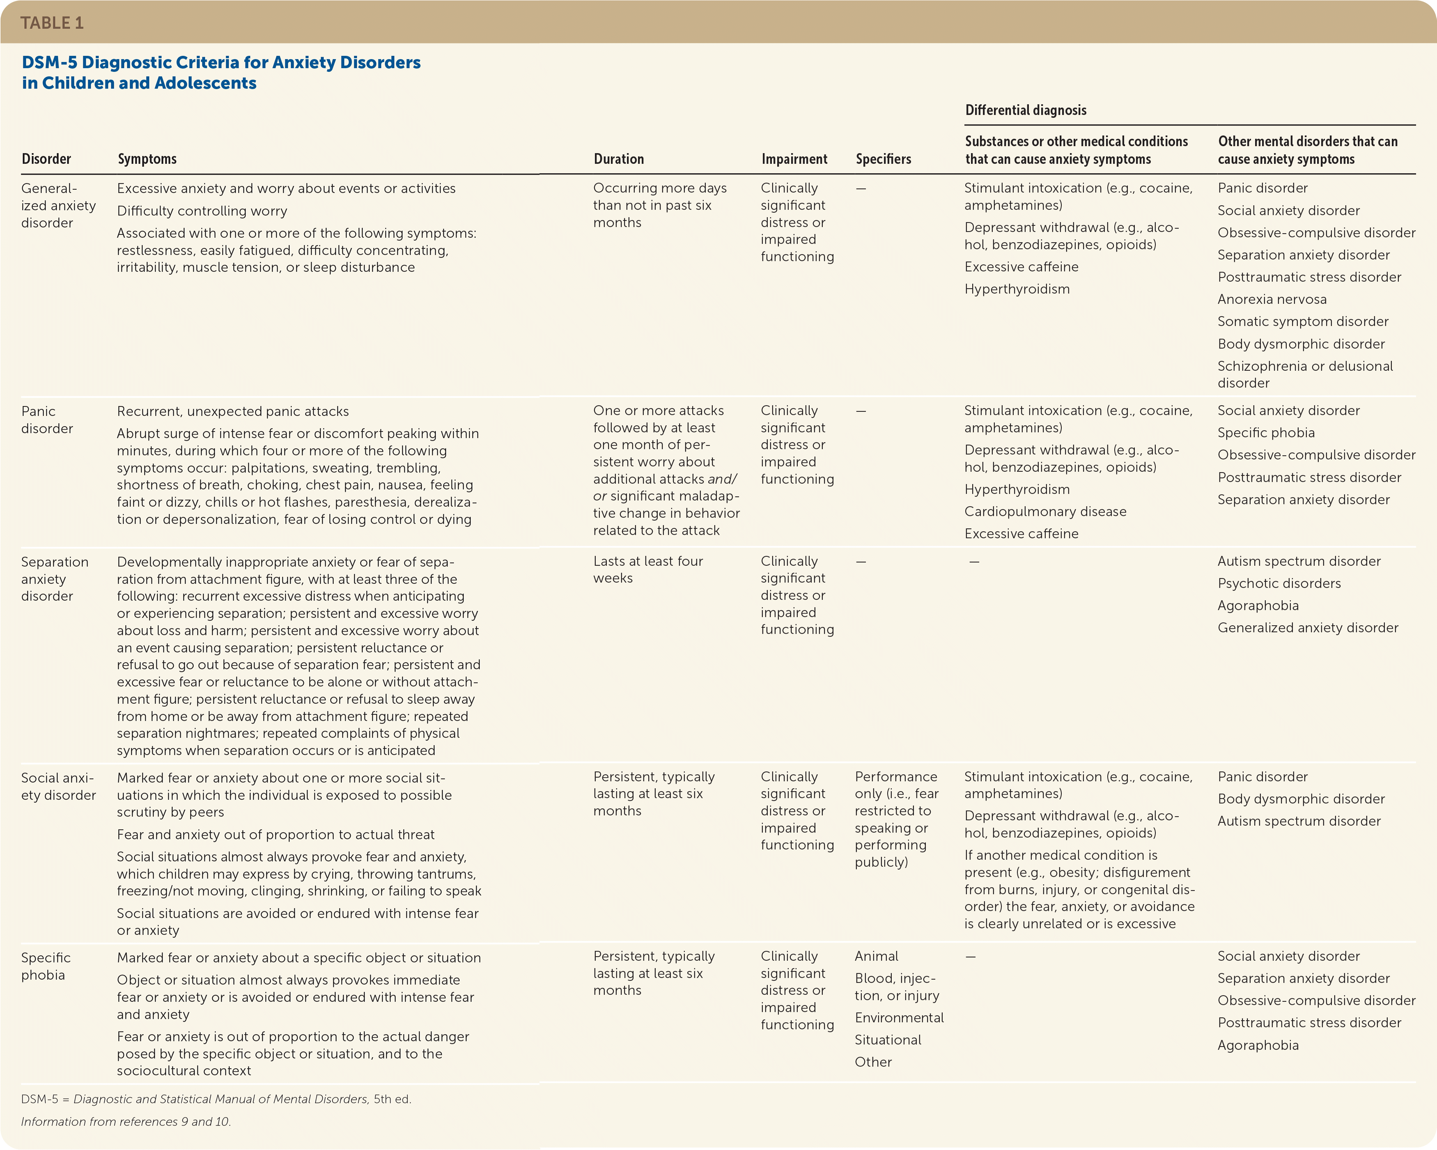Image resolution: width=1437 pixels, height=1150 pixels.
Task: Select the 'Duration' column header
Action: coord(618,158)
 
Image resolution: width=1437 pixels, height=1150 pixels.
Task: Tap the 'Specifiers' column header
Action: coord(883,158)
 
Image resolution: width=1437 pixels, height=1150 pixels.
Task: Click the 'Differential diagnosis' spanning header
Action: coord(1026,110)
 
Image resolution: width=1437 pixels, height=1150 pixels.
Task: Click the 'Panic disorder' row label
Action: coord(47,419)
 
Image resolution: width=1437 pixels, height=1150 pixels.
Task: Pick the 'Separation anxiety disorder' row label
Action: coord(55,578)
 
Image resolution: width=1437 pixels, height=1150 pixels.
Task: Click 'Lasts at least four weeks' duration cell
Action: coord(648,569)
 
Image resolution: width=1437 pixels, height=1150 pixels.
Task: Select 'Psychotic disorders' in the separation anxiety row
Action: coord(1279,583)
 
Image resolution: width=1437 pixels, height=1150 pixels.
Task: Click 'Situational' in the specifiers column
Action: coord(888,1039)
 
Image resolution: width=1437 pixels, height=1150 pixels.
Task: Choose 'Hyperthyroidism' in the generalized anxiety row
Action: coord(1017,289)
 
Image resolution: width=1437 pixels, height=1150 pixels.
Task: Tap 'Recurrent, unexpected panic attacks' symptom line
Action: coord(233,411)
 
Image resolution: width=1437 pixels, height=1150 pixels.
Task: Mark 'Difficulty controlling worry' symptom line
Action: coord(202,211)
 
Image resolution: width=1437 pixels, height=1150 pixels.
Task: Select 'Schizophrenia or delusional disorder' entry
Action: coord(1304,374)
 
